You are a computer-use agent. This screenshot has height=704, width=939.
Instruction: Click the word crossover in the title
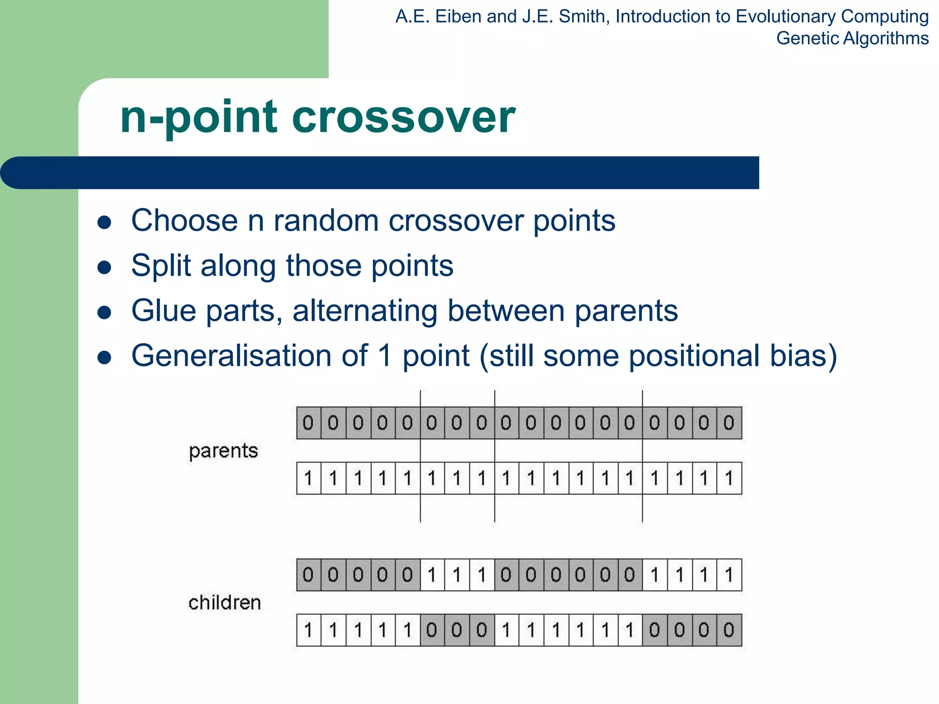click(x=403, y=118)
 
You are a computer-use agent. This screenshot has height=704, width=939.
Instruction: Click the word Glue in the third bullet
click(x=164, y=311)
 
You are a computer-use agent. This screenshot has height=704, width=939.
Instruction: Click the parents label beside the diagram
click(x=223, y=451)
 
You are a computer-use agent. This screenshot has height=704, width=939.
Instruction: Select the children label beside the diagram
click(x=225, y=602)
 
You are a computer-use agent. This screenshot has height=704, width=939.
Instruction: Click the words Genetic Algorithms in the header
click(x=852, y=38)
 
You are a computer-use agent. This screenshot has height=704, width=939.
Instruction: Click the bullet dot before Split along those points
click(x=105, y=268)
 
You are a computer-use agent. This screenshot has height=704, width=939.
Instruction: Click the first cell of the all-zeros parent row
click(x=309, y=423)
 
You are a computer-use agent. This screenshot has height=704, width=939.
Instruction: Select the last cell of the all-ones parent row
click(x=729, y=478)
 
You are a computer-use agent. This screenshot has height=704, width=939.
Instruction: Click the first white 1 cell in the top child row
click(x=432, y=575)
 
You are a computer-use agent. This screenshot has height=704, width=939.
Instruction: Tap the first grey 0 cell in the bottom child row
click(x=432, y=630)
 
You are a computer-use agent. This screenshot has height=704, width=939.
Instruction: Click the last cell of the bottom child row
click(x=729, y=630)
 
